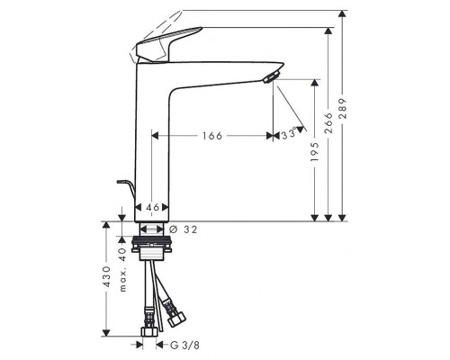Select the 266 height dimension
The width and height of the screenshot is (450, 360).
pos(329,123)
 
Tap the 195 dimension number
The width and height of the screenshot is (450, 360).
pos(315,152)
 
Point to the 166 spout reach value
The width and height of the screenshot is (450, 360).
pos(212,136)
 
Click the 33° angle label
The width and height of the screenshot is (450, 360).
pos(289,134)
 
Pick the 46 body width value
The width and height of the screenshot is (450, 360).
pos(152,207)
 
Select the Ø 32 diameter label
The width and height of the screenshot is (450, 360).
pos(184,229)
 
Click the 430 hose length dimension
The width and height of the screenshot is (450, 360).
pos(107,276)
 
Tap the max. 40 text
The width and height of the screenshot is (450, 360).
pos(122,270)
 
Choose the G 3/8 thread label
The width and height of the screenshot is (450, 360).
pos(184,346)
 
